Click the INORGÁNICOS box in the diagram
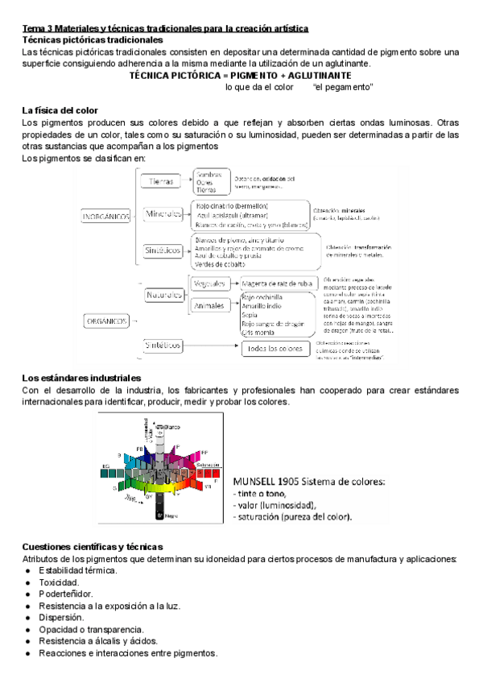(106, 216)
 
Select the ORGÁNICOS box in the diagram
(106, 321)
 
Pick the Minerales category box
(164, 213)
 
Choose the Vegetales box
(209, 284)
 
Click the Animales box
(209, 306)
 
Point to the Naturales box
(164, 295)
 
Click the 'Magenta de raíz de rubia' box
(278, 284)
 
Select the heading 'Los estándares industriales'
(82, 378)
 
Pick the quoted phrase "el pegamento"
(343, 86)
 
